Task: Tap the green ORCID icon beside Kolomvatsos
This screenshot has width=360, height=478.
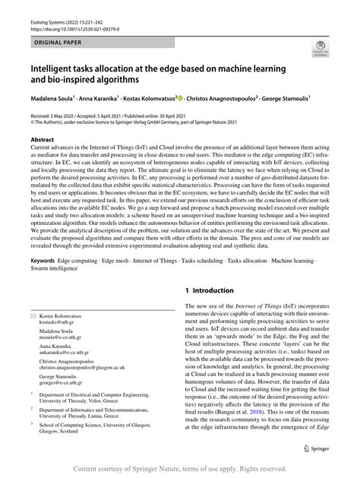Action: point(178,97)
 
